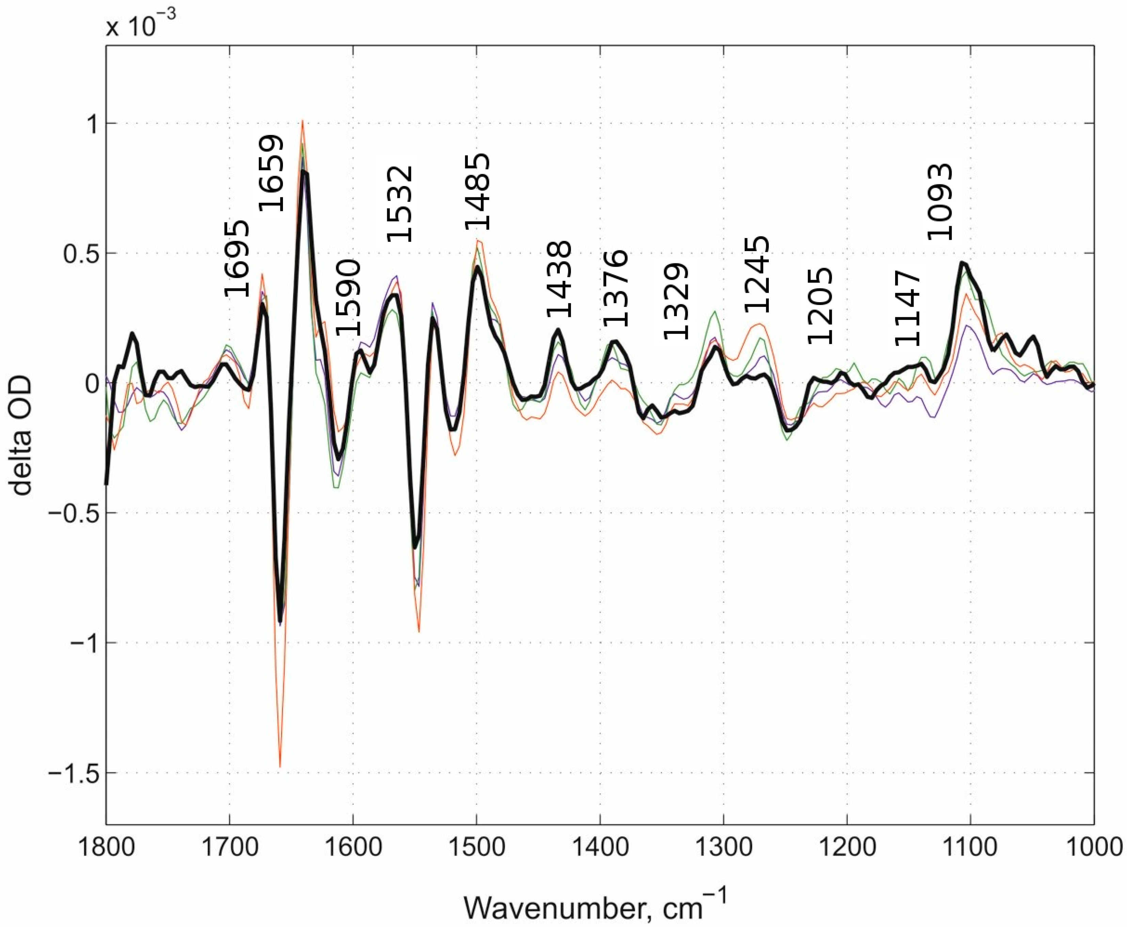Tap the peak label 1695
coord(236,259)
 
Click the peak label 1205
coord(819,306)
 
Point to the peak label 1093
coord(939,202)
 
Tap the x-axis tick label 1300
coord(723,847)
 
